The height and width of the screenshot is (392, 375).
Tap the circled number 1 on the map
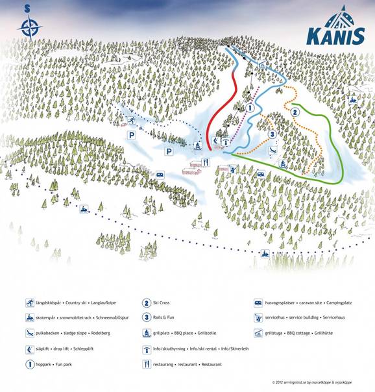click(x=250, y=108)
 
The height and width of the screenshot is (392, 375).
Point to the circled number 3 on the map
click(x=272, y=135)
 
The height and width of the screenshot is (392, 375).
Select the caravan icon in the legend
click(x=258, y=302)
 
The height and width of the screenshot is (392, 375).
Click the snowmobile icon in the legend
click(x=30, y=318)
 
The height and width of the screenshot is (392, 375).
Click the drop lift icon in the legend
click(x=30, y=349)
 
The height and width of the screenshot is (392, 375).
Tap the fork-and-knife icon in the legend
click(x=147, y=365)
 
